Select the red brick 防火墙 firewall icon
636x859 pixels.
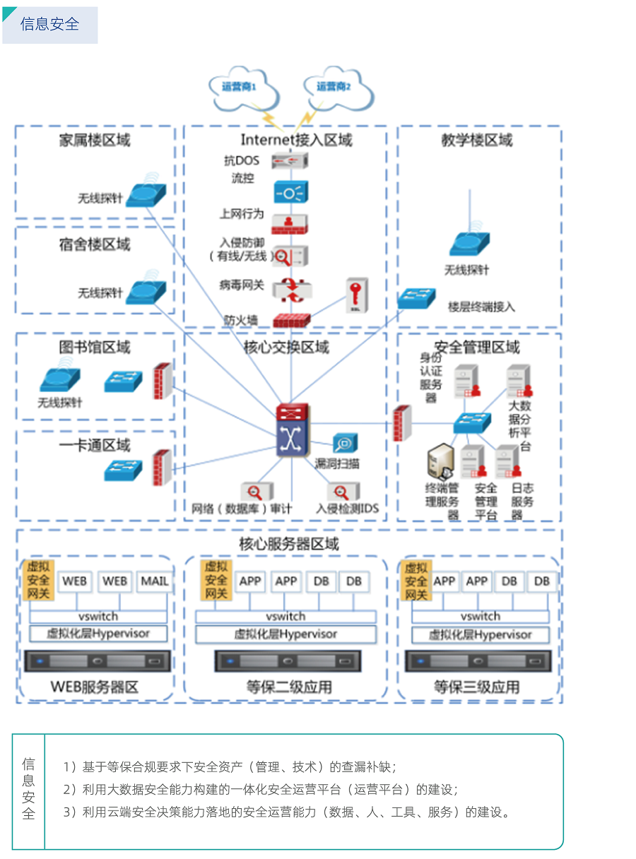[291, 319]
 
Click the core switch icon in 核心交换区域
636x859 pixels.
[292, 431]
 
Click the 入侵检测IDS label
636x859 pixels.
[347, 508]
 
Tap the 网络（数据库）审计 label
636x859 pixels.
[242, 508]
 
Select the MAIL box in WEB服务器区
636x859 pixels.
[155, 581]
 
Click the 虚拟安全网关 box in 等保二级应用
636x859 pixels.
[216, 580]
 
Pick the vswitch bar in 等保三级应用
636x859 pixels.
[480, 616]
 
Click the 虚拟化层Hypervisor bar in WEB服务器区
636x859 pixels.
[98, 634]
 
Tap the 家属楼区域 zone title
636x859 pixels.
[95, 140]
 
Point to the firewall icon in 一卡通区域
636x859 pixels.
[162, 467]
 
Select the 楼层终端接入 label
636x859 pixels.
[481, 307]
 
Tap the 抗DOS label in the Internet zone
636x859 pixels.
[242, 160]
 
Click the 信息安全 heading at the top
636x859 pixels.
[50, 24]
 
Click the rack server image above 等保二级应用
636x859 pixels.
[287, 661]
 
